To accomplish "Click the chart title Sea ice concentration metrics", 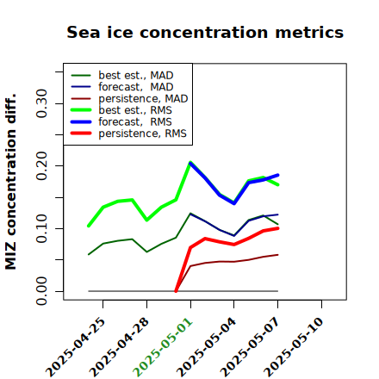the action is click(x=205, y=32).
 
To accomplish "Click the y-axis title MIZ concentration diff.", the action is click(x=10, y=182).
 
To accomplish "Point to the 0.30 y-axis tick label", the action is click(x=41, y=103).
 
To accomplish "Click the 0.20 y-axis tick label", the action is click(x=41, y=165).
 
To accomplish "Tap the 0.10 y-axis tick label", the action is click(x=41, y=228).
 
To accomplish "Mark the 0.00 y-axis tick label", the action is click(x=41, y=291).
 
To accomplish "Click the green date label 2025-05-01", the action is click(x=163, y=347).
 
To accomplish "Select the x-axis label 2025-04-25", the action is click(x=75, y=347).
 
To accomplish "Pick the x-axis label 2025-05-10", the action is click(x=294, y=347).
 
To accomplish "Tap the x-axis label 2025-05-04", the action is click(x=207, y=347).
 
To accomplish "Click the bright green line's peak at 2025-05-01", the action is click(x=190, y=163).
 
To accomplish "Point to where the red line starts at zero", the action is click(x=176, y=291).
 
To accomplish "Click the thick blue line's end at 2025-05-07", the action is click(x=277, y=175).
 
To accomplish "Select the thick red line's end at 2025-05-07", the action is click(x=277, y=228).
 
